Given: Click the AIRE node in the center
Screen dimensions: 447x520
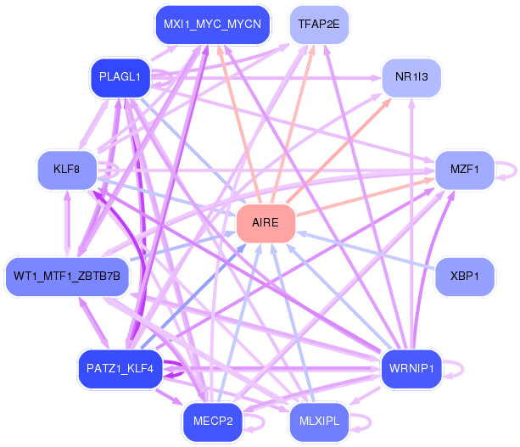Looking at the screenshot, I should click(266, 223).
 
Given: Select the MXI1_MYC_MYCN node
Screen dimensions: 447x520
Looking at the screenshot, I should click(212, 23).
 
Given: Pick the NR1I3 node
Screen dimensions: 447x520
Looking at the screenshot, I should click(411, 77).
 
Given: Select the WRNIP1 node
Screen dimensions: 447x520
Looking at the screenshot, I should click(411, 368).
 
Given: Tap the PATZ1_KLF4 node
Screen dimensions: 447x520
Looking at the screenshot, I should click(120, 368).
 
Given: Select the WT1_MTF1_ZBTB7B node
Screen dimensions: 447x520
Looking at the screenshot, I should click(67, 277).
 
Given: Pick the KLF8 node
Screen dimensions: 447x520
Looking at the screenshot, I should click(66, 169).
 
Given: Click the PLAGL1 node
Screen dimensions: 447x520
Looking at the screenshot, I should click(120, 77).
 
